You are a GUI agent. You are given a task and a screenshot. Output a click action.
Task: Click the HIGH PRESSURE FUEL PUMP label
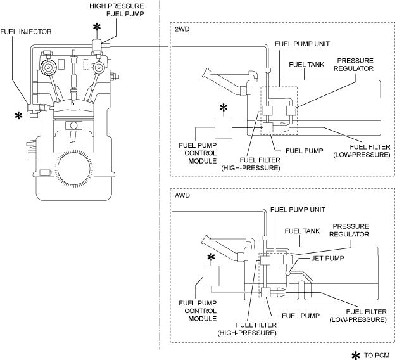(x=117, y=10)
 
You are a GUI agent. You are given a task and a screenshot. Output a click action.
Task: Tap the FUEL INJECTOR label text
(x=26, y=32)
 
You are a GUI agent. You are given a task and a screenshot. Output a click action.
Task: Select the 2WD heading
(x=182, y=29)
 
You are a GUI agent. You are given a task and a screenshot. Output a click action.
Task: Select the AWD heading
(x=182, y=195)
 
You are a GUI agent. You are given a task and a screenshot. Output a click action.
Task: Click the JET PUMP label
(x=327, y=259)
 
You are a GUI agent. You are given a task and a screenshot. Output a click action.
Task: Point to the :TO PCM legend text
(x=376, y=356)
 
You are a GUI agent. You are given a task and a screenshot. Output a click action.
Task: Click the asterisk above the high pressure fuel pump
(x=97, y=27)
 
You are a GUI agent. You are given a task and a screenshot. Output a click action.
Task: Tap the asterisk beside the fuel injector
(x=18, y=116)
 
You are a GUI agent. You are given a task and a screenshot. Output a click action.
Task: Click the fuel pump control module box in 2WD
(x=224, y=127)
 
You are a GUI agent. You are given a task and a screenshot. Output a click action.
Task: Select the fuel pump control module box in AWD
(x=211, y=276)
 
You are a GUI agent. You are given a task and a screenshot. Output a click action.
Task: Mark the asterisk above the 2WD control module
(x=224, y=108)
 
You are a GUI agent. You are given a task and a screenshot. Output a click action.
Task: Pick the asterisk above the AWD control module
(x=211, y=257)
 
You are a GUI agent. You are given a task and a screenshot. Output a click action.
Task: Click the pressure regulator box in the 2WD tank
(x=291, y=111)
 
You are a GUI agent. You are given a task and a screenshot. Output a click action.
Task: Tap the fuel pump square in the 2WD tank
(x=268, y=127)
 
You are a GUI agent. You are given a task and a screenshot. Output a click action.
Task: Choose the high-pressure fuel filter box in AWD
(x=265, y=260)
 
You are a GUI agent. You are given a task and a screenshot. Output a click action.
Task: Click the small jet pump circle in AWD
(x=287, y=273)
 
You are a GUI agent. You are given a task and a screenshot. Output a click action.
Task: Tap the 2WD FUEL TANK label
(x=306, y=65)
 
